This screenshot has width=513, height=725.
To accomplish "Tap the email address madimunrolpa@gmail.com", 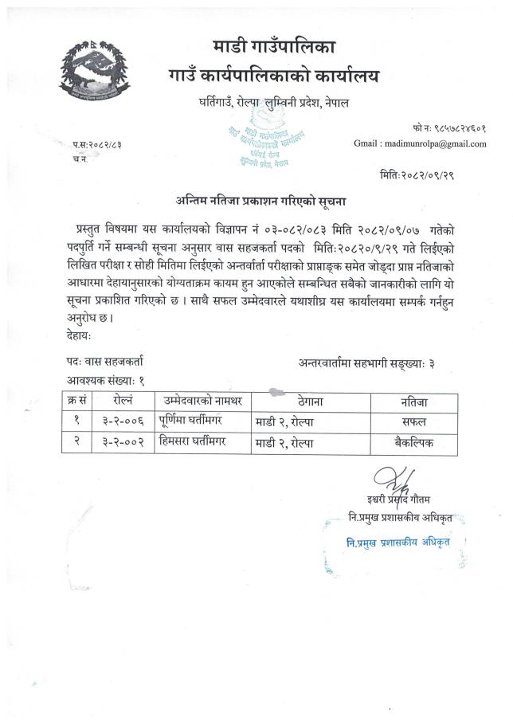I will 420,143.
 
